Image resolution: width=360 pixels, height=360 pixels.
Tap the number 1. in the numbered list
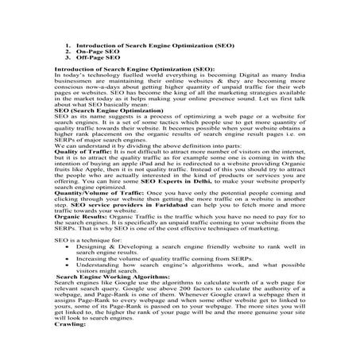(68, 45)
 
